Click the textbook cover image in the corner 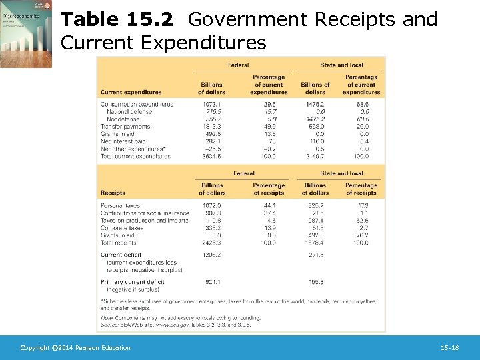pyautogui.click(x=25, y=34)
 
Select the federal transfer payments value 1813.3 pyautogui.click(x=211, y=127)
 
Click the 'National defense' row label pyautogui.click(x=129, y=111)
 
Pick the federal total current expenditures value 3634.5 pyautogui.click(x=211, y=157)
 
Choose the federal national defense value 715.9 pyautogui.click(x=211, y=111)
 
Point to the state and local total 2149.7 pyautogui.click(x=315, y=157)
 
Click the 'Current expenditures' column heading pyautogui.click(x=131, y=92)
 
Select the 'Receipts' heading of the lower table pyautogui.click(x=113, y=193)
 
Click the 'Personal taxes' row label pyautogui.click(x=121, y=206)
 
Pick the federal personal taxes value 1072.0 pyautogui.click(x=211, y=206)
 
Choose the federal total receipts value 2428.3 pyautogui.click(x=211, y=243)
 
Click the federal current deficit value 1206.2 pyautogui.click(x=211, y=255)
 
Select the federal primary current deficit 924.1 pyautogui.click(x=211, y=283)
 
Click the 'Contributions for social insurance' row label pyautogui.click(x=145, y=213)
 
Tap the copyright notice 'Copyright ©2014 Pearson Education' pyautogui.click(x=75, y=348)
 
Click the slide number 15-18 pyautogui.click(x=450, y=348)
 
